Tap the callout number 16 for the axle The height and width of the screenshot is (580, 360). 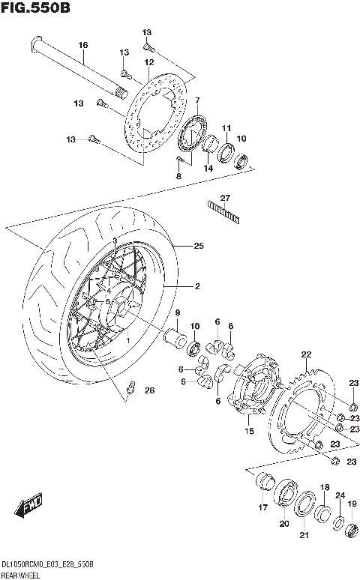tap(83, 46)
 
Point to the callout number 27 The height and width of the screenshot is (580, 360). tap(224, 198)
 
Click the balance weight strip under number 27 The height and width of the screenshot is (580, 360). tap(223, 213)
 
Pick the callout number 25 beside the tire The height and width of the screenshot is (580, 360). tap(199, 245)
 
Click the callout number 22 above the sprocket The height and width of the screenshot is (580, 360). tap(306, 354)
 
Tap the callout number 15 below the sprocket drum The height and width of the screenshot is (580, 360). tap(249, 432)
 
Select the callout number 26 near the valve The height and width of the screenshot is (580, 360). tap(149, 390)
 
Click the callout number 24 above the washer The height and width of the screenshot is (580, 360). tap(339, 495)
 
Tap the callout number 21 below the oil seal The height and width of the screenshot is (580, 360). tap(304, 534)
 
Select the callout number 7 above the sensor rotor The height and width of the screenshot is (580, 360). tap(196, 100)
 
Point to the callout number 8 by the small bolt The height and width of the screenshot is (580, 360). tap(178, 175)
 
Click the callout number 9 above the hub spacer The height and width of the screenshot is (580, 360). tap(178, 312)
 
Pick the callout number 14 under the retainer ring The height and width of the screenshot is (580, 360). tap(208, 169)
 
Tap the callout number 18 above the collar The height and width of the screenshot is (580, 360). tap(324, 488)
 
